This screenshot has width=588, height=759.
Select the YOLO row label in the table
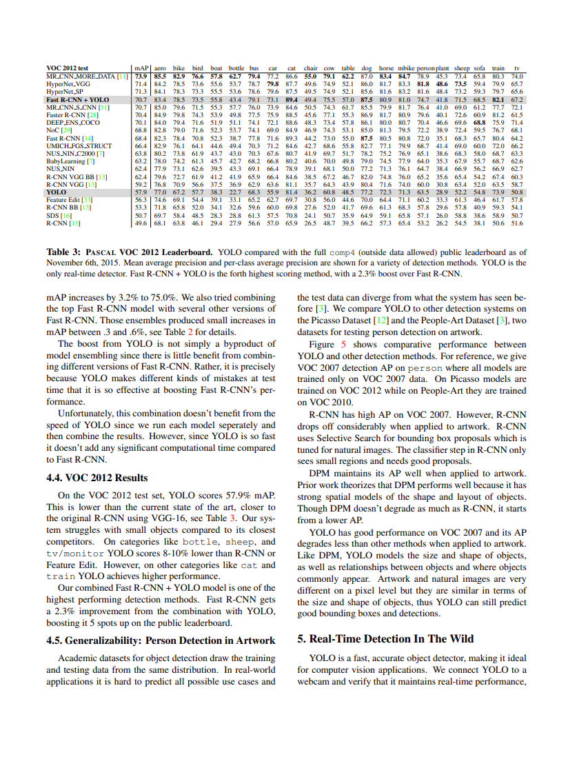(57, 192)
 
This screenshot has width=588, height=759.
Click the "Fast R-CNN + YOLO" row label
(77, 100)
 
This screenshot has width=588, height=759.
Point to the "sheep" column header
(461, 69)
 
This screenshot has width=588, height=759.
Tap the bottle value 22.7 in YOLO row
(236, 192)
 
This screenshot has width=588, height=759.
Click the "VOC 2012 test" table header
(67, 69)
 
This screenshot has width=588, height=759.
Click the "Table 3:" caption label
(64, 252)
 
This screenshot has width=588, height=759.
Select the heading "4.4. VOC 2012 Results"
(97, 478)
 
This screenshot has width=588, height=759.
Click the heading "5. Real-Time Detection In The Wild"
(385, 638)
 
